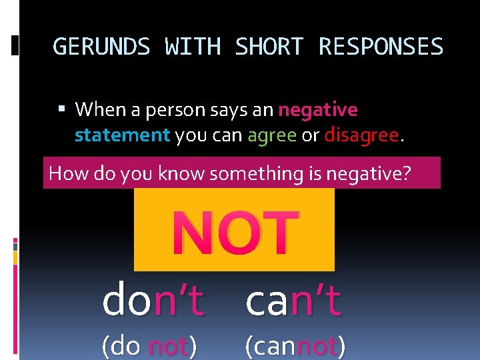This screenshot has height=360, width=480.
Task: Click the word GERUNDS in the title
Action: pyautogui.click(x=102, y=47)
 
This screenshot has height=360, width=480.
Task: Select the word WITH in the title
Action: pyautogui.click(x=193, y=47)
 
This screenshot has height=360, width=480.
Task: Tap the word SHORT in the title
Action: pyautogui.click(x=269, y=47)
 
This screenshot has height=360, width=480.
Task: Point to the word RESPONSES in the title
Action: pyautogui.click(x=381, y=47)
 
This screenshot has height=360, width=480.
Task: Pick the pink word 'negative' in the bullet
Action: pyautogui.click(x=318, y=109)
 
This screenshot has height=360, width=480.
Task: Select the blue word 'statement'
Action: pyautogui.click(x=123, y=135)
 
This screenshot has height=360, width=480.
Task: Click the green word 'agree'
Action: pyautogui.click(x=272, y=135)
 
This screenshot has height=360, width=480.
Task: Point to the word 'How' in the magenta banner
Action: pyautogui.click(x=65, y=173)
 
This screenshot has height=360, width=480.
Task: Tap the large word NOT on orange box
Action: pyautogui.click(x=234, y=231)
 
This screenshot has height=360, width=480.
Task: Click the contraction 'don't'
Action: pyautogui.click(x=153, y=301)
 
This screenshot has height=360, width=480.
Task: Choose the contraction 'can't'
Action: pyautogui.click(x=293, y=301)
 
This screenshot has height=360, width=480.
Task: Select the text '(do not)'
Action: pyautogui.click(x=149, y=347)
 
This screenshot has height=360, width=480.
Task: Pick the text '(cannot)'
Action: pyautogui.click(x=295, y=347)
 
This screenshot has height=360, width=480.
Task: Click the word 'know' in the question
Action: pyautogui.click(x=182, y=173)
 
